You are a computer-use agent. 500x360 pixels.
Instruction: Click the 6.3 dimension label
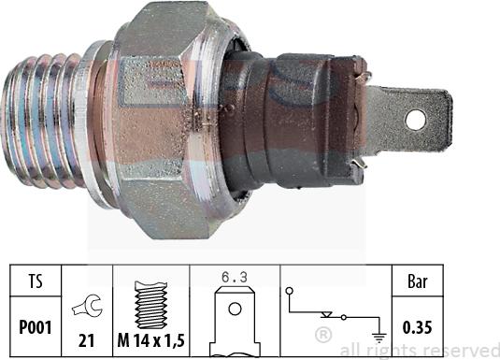[234, 278]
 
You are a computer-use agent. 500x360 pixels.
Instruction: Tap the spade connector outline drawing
[234, 323]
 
